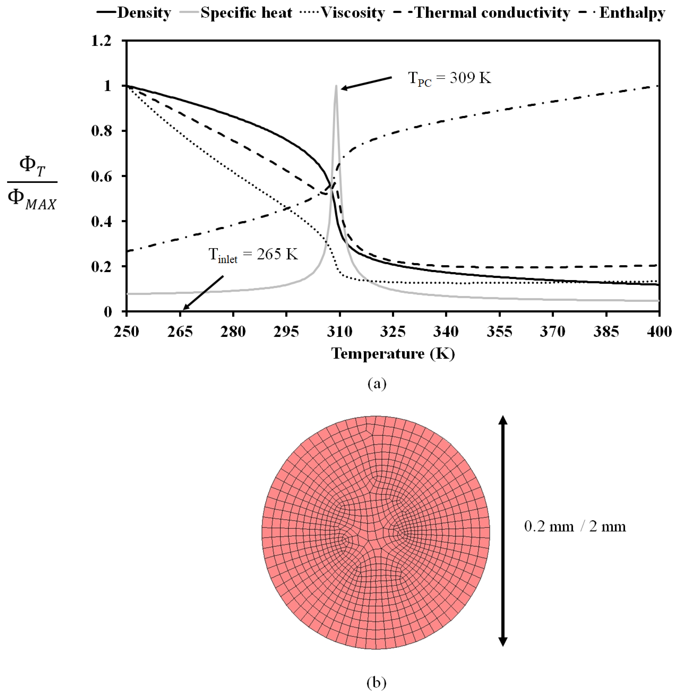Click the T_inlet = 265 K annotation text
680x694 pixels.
click(x=253, y=255)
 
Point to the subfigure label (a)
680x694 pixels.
click(x=377, y=384)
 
